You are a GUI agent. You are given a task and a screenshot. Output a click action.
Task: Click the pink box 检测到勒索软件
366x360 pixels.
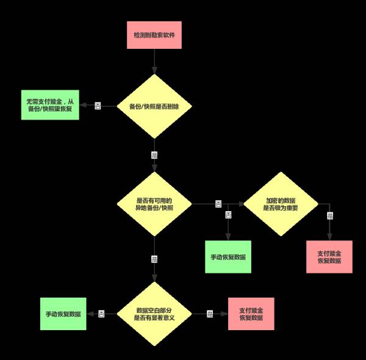coord(154,35)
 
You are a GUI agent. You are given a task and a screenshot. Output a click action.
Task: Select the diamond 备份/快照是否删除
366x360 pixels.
coord(154,106)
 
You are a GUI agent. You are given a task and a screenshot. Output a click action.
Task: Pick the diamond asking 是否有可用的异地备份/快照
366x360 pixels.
coord(154,204)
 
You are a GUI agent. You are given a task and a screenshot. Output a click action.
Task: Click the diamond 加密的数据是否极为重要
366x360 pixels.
coord(281,204)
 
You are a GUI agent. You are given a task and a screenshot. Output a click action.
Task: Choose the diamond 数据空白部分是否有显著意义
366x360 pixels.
coord(154,314)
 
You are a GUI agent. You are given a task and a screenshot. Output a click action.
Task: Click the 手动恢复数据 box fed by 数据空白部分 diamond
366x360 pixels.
coord(63,314)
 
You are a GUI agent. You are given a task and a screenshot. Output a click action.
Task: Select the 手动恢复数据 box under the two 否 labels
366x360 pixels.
coord(228,256)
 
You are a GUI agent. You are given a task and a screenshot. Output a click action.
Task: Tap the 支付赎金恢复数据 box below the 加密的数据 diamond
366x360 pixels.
coord(329,256)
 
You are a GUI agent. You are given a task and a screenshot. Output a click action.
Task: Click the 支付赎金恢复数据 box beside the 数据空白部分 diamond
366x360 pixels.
coord(251,314)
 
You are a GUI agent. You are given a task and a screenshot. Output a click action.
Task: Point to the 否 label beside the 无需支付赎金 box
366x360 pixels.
coord(98,106)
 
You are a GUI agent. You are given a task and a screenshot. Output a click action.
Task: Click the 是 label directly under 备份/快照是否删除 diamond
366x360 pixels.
coord(154,155)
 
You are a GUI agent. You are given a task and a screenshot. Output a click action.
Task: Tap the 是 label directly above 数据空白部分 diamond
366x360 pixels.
coord(154,259)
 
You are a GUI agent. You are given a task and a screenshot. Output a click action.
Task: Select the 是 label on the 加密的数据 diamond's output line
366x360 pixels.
coord(330,215)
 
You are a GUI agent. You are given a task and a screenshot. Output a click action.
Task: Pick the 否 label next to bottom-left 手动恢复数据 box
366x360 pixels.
coord(101,314)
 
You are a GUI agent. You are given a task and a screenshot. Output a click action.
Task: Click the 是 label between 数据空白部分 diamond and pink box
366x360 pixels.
coord(210,314)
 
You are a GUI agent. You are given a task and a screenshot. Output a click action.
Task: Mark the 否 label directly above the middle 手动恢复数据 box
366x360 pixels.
coord(228,215)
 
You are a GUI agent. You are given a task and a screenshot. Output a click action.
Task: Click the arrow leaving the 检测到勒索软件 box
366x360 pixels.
coord(154,61)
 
